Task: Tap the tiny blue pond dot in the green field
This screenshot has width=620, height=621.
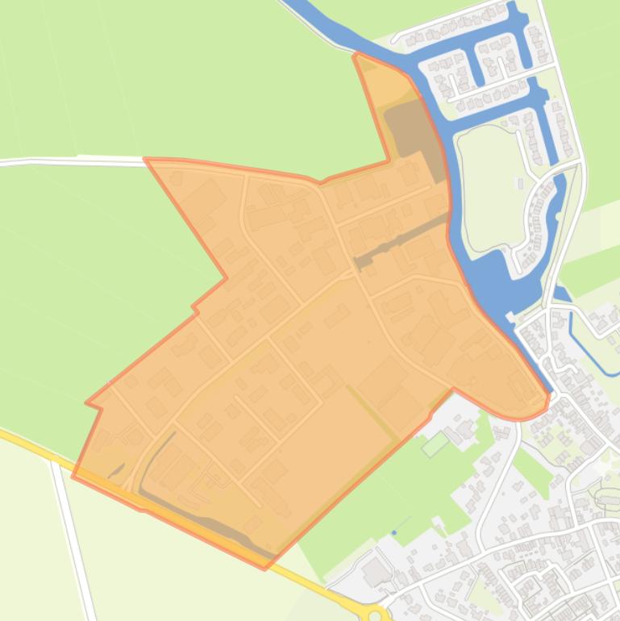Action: click(x=394, y=532)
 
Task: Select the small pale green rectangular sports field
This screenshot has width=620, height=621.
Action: click(x=435, y=444)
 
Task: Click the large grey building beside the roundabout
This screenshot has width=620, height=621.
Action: click(x=375, y=574)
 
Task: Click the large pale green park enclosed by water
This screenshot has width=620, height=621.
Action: click(x=484, y=185)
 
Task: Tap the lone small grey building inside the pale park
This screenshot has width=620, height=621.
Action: click(x=520, y=185)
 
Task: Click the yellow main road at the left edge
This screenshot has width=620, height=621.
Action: click(x=24, y=442)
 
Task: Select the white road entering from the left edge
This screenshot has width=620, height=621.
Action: click(x=48, y=161)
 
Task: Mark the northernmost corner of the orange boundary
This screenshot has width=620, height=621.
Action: click(x=356, y=55)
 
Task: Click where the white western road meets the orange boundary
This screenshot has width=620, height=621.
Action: click(x=146, y=160)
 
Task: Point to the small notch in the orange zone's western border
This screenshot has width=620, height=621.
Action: click(x=194, y=307)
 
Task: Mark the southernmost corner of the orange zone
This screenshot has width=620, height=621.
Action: click(x=264, y=569)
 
